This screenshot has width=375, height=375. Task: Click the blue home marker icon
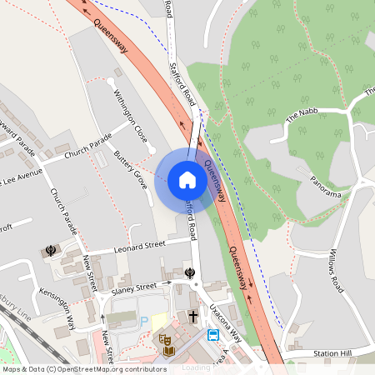pos(187,179)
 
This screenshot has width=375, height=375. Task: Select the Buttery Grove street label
pos(130,169)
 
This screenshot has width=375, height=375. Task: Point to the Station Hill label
pos(335,354)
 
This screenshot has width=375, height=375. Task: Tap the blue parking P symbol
pos(143,321)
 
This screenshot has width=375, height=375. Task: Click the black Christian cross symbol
pos(193,316)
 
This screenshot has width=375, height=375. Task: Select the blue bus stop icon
pos(213,335)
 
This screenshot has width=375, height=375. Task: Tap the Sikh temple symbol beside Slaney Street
pos(191,272)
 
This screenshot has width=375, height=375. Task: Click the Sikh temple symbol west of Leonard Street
pos(52,248)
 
